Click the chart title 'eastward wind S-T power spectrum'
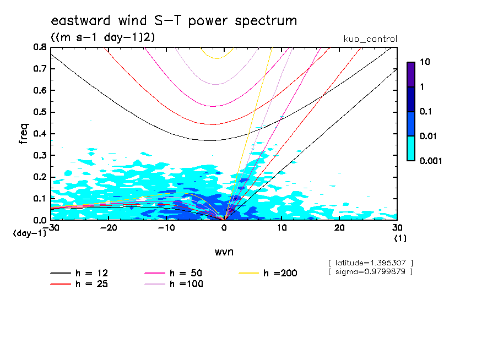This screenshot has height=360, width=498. point(174,21)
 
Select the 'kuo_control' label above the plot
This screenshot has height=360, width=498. point(370,39)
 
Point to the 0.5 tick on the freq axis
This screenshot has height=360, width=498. point(41,112)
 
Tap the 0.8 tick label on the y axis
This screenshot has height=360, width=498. point(41,47)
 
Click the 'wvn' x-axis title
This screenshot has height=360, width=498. point(224,252)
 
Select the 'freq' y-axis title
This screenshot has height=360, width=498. point(23,133)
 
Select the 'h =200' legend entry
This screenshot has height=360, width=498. point(280,273)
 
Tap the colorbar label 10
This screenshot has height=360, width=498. point(425,62)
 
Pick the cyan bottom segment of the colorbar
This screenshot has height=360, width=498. point(411,148)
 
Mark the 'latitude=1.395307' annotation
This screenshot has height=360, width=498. point(370,262)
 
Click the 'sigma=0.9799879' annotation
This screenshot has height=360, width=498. point(370,271)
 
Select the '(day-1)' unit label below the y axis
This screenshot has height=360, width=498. point(30,233)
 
